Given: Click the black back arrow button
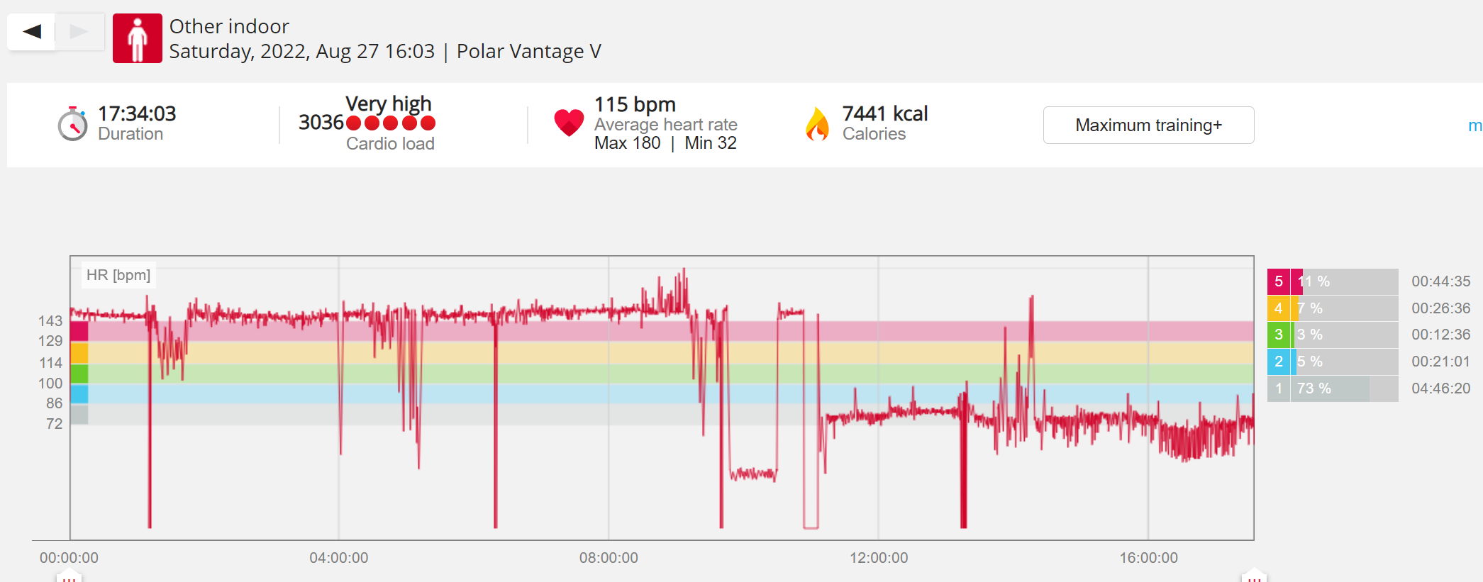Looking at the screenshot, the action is point(32,31).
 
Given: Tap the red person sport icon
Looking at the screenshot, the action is point(138,38).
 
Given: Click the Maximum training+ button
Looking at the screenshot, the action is point(1148,125).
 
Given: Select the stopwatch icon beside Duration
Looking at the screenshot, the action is point(73,124).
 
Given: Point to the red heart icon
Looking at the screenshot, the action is point(569,123).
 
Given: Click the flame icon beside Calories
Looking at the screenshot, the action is point(818,124).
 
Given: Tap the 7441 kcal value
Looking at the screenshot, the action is point(885,113).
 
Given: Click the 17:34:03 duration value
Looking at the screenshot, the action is point(137,113).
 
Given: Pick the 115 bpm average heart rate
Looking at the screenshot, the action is point(635,104).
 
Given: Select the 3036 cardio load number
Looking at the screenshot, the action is point(321,123).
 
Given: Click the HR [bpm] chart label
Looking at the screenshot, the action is point(118,275).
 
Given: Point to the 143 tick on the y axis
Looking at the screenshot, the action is point(50,321).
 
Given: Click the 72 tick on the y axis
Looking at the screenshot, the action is point(55,424).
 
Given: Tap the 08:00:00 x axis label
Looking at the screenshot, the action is point(609,558).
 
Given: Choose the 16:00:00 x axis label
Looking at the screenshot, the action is point(1149,558).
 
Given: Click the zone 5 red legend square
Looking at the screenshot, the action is point(1279,281).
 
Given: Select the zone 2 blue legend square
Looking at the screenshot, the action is point(1279,362).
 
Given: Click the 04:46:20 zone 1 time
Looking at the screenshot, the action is point(1440,388).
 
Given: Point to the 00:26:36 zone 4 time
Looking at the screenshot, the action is point(1440,308).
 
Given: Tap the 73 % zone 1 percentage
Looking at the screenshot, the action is point(1313,388).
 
